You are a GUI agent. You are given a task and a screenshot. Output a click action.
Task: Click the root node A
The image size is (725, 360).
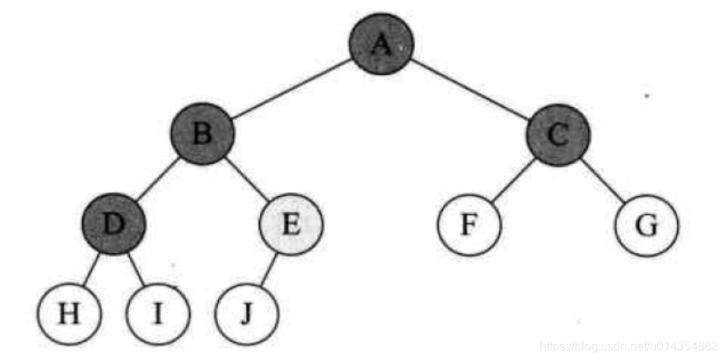[381, 44]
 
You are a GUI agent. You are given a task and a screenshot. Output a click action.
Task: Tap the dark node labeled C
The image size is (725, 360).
[557, 136]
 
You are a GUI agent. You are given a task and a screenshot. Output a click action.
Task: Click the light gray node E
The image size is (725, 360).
[291, 225]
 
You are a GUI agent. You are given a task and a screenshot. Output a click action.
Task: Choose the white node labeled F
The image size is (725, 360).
[469, 226]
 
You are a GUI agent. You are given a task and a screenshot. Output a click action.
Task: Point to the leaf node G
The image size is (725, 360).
[646, 226]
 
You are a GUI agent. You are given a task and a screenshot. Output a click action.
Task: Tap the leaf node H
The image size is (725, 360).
[69, 314]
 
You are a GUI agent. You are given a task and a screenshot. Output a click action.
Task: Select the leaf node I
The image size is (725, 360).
[158, 314]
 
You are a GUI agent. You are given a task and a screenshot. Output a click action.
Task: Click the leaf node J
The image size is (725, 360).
[246, 314]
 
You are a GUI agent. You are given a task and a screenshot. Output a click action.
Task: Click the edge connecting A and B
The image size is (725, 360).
[291, 89]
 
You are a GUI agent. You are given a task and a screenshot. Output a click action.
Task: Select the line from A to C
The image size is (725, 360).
[469, 90]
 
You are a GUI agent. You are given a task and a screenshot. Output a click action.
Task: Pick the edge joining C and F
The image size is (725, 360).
[513, 181]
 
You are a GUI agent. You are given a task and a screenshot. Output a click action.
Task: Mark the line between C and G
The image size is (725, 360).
[601, 181]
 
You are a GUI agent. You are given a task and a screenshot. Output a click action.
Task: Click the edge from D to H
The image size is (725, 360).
[91, 268]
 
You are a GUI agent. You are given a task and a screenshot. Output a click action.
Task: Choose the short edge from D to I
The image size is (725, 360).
[136, 268]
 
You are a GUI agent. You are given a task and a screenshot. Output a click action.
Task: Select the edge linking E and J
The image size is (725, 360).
[268, 270]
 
